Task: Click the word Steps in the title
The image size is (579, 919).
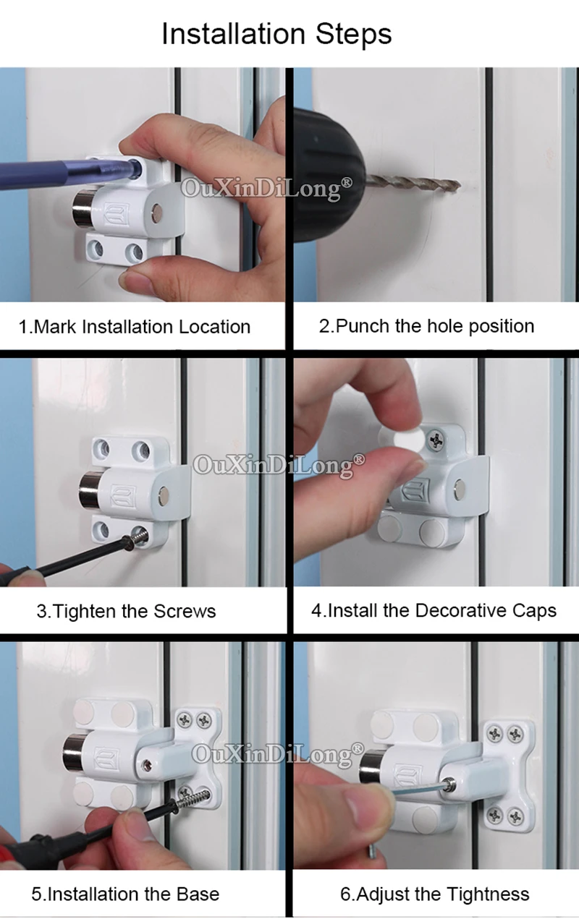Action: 353,34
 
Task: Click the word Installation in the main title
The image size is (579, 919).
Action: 233,33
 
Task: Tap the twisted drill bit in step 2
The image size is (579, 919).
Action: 412,182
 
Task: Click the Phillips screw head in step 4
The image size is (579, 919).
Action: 435,440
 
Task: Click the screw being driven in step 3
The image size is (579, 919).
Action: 138,537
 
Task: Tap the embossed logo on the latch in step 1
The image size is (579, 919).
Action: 116,213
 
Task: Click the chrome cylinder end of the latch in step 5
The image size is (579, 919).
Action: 72,752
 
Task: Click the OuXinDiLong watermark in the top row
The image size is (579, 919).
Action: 266,189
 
